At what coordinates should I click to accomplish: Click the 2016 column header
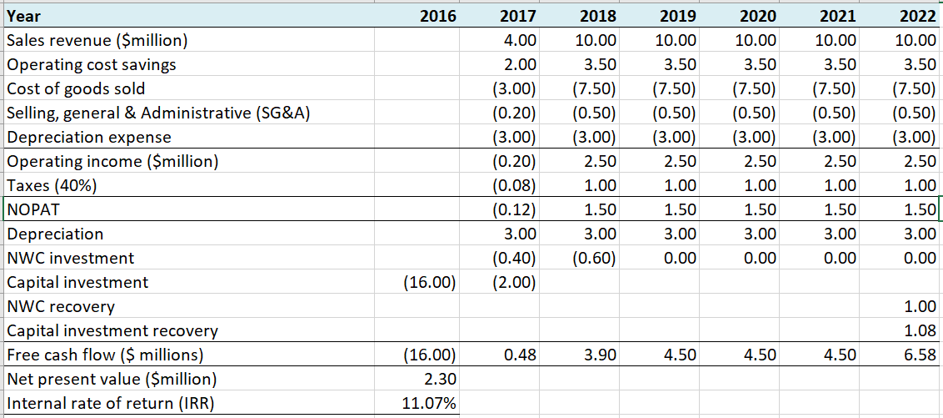pos(437,16)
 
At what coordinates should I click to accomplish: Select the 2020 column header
pos(757,16)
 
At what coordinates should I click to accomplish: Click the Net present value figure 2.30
pos(439,380)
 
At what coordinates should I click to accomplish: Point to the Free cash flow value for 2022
pos(921,355)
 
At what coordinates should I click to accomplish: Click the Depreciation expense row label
pos(88,137)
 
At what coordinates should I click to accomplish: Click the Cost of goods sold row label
pos(75,88)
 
